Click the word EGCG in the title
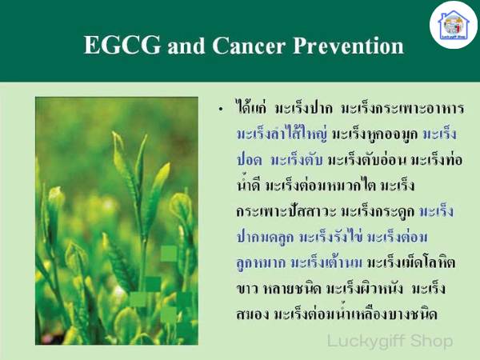tap(122, 46)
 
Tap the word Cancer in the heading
tap(249, 46)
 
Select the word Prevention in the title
tap(348, 46)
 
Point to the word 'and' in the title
tap(186, 46)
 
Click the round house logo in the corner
tap(454, 26)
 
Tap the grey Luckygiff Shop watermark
tap(390, 341)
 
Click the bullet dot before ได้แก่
tap(221, 110)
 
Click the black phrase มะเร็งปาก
tap(303, 108)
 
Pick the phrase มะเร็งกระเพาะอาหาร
tap(402, 108)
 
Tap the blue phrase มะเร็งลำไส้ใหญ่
tap(282, 134)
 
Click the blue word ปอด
tap(249, 160)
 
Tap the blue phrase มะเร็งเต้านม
tap(326, 262)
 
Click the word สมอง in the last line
tap(253, 314)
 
